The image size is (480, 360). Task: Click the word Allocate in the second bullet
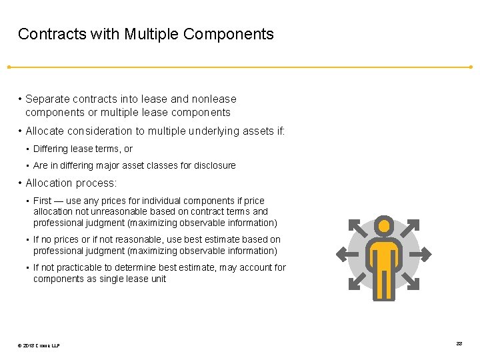pos(47,131)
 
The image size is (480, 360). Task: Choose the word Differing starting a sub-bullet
pos(50,149)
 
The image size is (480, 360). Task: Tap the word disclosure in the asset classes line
pos(214,165)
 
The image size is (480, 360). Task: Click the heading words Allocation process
pos(71,183)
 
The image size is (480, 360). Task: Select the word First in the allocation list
pos(43,201)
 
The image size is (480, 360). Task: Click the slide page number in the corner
pos(459,343)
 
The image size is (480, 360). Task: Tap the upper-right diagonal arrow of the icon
pos(411,227)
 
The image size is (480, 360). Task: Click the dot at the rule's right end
pos(471,67)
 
